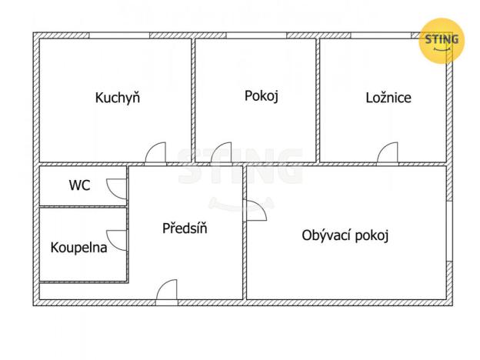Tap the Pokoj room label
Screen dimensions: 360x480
pos(261,96)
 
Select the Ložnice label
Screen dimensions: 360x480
pos(388,98)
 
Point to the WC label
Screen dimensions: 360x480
pos(79,185)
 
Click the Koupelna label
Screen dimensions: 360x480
pos(78,248)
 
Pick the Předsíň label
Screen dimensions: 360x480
pos(185,228)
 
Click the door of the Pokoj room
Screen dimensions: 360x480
pos(222,153)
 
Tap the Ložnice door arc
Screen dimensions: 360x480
pos(388,153)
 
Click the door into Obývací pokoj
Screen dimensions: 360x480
pos(255,211)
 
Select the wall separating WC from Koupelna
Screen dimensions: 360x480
pos(83,206)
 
